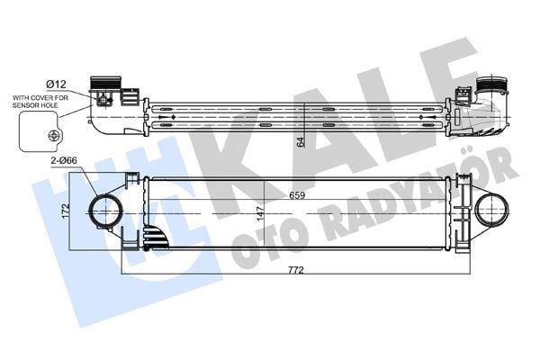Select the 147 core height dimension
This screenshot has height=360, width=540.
(259, 214)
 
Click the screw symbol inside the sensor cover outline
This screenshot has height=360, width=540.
(53, 135)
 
